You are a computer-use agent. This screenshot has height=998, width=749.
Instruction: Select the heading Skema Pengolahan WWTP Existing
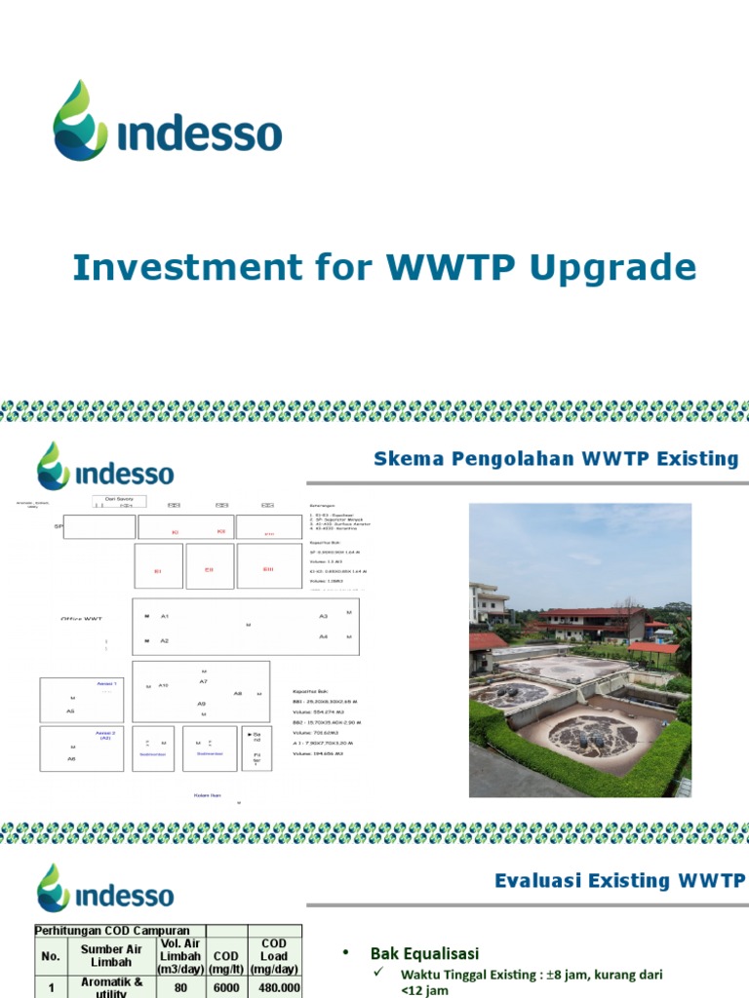tap(556, 459)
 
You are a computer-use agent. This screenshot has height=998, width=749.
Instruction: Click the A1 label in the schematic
tap(165, 617)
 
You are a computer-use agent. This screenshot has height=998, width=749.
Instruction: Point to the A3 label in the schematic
tap(323, 617)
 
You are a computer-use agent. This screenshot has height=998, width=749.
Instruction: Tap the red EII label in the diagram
tap(208, 570)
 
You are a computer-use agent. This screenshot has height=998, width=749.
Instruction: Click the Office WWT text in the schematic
tap(81, 619)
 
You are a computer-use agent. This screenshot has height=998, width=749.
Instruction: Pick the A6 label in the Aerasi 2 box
tap(71, 758)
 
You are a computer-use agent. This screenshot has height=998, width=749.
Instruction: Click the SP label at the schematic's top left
tap(58, 526)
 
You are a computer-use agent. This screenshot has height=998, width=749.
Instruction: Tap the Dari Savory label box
tap(119, 501)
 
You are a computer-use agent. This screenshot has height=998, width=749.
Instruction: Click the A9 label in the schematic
tap(202, 704)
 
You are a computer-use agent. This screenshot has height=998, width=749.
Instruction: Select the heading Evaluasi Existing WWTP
tap(619, 881)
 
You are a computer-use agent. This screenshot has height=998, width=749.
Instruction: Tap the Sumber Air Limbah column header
tap(111, 955)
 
